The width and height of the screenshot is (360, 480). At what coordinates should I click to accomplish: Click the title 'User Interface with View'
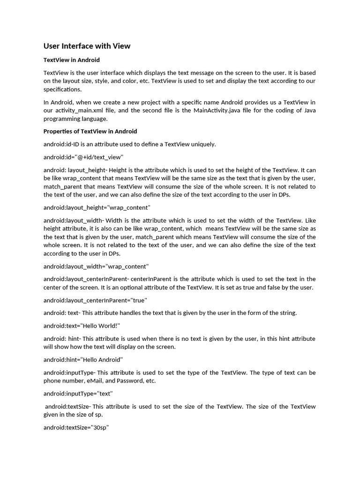[x=87, y=46]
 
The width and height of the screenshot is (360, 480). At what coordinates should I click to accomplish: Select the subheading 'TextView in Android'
[x=71, y=60]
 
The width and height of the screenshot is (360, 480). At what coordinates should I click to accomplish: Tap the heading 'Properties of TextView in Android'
[x=90, y=131]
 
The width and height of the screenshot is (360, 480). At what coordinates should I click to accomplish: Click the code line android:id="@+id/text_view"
[x=83, y=157]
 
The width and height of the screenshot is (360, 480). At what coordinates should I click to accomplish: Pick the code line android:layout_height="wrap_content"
[x=97, y=207]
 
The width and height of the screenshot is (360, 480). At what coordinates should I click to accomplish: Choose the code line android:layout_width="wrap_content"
[x=96, y=266]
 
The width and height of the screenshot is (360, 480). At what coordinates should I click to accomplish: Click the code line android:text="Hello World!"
[x=82, y=326]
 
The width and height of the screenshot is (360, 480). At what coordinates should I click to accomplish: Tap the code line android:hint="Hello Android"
[x=83, y=360]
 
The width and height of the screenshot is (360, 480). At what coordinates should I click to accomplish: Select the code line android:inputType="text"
[x=78, y=394]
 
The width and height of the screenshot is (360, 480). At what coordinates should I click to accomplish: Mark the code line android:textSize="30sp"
[x=76, y=427]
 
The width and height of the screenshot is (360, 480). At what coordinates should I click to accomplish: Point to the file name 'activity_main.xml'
[x=81, y=110]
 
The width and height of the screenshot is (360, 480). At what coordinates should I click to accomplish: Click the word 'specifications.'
[x=62, y=89]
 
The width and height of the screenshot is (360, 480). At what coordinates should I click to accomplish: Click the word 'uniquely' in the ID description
[x=202, y=144]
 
